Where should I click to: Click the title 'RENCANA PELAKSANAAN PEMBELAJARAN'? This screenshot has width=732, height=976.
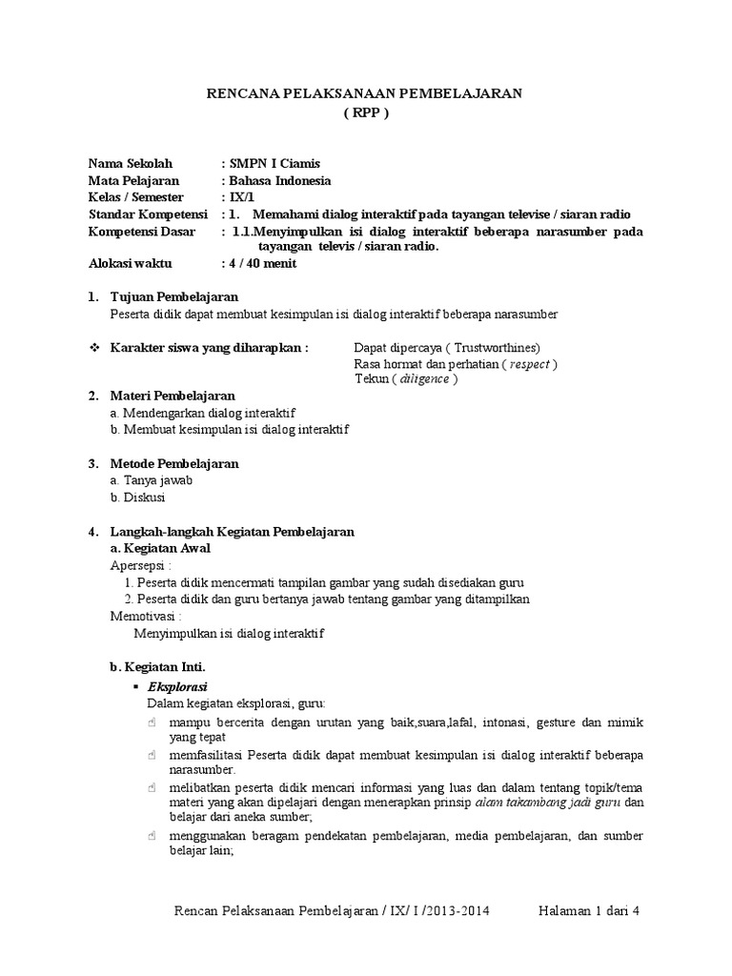366,93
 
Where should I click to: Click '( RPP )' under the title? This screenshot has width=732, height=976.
366,112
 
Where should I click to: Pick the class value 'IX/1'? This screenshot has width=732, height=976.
236,197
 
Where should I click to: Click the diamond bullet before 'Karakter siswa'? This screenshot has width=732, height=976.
93,348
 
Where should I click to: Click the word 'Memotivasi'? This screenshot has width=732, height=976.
145,616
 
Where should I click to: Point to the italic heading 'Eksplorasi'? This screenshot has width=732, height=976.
177,686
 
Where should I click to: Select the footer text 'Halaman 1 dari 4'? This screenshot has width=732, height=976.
586,911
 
